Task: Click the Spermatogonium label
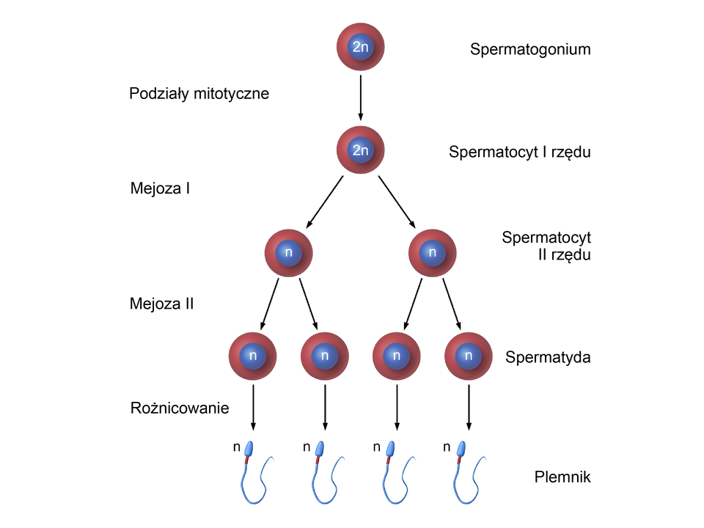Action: coord(530,51)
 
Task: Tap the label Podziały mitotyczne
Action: coord(199,94)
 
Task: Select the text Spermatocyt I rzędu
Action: coord(519,153)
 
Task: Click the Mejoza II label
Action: coord(161,303)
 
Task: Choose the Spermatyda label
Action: coord(548,358)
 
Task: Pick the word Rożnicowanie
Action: coord(179,408)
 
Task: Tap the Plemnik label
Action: coord(563,478)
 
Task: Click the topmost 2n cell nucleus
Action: coord(360,48)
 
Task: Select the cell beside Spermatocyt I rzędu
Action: coord(360,150)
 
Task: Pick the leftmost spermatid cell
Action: coord(253,357)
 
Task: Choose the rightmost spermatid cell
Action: coord(468,357)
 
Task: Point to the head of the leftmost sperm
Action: coord(249,449)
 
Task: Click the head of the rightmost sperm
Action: coord(463,449)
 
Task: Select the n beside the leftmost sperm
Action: coord(235,446)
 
